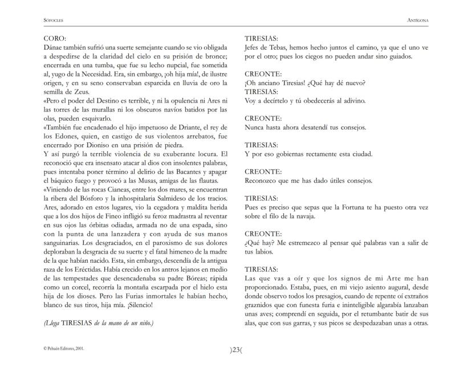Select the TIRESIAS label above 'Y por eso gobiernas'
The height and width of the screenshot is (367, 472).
tap(261, 145)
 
